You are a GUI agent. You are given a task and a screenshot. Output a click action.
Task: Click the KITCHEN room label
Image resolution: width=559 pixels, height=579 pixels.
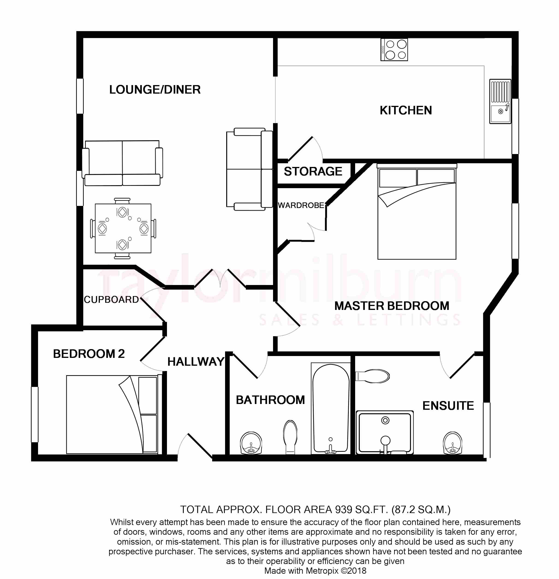point(406,110)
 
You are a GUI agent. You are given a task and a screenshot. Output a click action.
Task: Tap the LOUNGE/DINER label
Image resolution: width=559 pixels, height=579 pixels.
point(155,89)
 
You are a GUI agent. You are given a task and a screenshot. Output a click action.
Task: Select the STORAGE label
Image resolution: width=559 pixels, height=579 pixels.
point(313,171)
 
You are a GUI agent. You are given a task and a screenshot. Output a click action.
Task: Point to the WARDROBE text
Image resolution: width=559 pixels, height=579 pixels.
point(301,205)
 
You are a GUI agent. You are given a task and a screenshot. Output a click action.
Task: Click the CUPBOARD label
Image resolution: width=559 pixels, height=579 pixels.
point(111,300)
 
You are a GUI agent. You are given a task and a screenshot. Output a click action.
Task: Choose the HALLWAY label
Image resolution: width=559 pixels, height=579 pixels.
point(196,362)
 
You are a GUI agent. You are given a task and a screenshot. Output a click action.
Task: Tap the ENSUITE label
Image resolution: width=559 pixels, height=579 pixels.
point(448,406)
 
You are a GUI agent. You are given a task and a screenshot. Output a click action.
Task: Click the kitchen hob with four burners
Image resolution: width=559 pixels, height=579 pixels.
point(394,50)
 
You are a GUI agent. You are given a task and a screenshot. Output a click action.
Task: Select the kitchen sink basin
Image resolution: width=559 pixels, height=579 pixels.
point(500,101)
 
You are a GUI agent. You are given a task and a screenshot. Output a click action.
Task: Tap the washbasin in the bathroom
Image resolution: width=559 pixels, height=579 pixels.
point(251,443)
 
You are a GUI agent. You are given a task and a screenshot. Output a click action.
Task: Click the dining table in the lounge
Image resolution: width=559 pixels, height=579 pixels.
point(123,228)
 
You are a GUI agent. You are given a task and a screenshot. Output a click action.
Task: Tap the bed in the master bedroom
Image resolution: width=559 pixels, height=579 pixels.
point(417,212)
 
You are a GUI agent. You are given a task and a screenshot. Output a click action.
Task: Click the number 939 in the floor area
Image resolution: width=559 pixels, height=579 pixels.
point(344,510)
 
